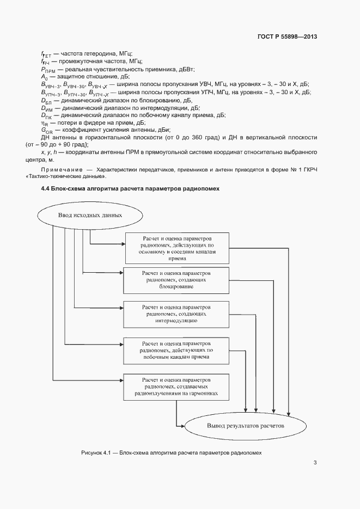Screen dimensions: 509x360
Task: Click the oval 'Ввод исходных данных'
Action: click(x=90, y=215)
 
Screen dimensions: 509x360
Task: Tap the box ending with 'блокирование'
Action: click(x=177, y=279)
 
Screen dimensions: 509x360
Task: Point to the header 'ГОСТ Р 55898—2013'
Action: click(x=287, y=37)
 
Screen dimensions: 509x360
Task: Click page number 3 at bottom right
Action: click(x=315, y=463)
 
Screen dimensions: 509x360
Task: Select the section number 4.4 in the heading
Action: click(x=46, y=188)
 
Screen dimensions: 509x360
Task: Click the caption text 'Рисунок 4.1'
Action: click(x=95, y=452)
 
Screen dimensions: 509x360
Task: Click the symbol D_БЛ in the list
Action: click(x=46, y=101)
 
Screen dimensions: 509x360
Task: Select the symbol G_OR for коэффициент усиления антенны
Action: click(x=46, y=131)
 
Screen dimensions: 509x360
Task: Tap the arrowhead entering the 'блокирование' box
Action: click(x=121, y=272)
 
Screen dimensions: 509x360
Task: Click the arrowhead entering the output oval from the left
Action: click(x=184, y=426)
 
